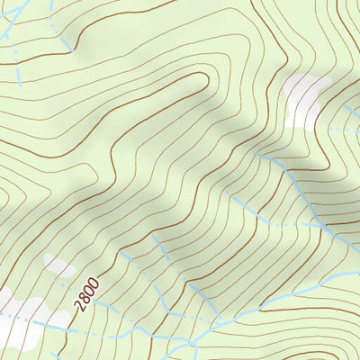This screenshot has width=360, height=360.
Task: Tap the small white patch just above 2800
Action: (x=59, y=265)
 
